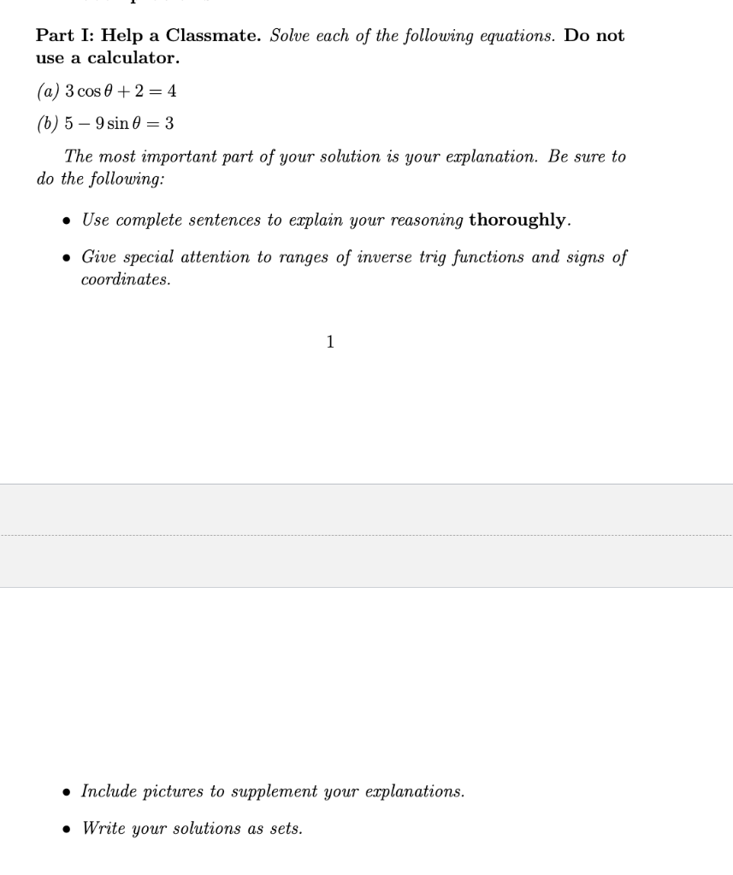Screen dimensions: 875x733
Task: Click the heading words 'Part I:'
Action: click(64, 36)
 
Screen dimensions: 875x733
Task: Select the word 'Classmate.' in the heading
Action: click(213, 36)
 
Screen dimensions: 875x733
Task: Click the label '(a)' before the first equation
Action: click(47, 91)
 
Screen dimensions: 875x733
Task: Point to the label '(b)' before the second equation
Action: click(47, 124)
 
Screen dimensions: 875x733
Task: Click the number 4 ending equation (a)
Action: click(172, 91)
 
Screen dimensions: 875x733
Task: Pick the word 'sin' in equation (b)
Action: click(119, 124)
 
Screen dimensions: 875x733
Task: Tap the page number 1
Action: click(330, 343)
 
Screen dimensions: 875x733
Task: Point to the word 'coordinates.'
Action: click(126, 280)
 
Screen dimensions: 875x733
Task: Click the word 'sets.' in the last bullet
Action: click(285, 829)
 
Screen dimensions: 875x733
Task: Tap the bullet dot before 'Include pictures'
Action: click(67, 792)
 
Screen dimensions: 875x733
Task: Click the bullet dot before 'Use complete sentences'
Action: click(67, 220)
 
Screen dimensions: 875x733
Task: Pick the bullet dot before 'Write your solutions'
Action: click(67, 829)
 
